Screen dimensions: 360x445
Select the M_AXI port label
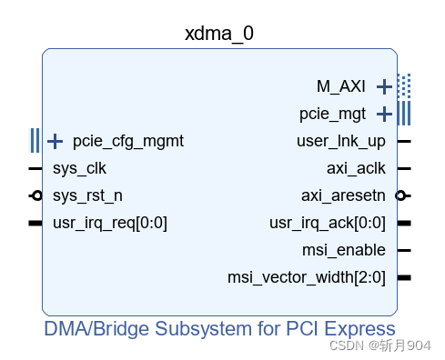341,86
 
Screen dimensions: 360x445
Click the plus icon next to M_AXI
384,87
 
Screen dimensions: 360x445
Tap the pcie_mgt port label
332,114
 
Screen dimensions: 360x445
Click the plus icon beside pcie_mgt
384,115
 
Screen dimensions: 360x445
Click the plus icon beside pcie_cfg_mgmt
56,141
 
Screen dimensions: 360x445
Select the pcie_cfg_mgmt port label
128,141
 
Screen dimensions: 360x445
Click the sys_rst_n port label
87,195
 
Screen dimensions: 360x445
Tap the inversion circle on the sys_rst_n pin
36,195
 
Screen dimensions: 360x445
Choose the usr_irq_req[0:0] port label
110,223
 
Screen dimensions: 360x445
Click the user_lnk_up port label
341,141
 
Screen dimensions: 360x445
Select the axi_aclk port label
356,168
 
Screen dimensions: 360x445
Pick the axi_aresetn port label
343,195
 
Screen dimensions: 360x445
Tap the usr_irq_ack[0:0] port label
328,223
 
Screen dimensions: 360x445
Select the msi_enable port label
343,250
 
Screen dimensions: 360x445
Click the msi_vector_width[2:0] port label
307,277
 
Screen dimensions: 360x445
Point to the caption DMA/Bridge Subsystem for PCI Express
219,328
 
